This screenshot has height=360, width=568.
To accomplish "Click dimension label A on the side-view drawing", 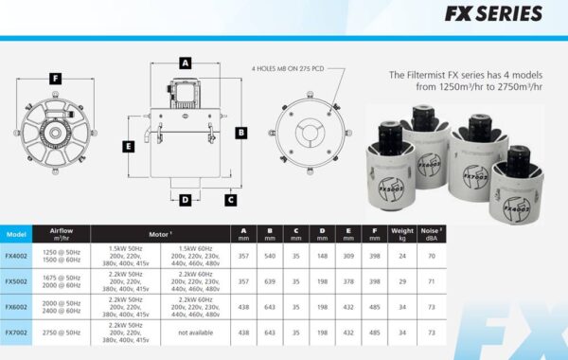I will tap(186, 63).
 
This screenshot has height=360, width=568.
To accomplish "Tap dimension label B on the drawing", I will tap(241, 133).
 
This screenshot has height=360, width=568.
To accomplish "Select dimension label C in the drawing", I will tap(230, 200).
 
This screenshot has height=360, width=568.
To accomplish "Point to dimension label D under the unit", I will tap(185, 200).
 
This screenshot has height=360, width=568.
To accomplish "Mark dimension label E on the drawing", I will tap(127, 146).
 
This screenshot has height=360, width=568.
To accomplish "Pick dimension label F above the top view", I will tap(56, 78).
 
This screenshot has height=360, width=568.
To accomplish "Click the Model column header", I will tap(16, 233).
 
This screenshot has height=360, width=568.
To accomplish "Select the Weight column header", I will tap(402, 233).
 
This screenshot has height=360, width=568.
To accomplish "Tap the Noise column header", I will tap(433, 233).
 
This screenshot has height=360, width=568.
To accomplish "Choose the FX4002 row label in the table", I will tap(16, 255).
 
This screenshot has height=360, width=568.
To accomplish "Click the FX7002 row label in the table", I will tap(16, 333).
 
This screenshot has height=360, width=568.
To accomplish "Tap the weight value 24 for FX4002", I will tap(402, 255).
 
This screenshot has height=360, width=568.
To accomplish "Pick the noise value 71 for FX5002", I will tap(433, 281).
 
